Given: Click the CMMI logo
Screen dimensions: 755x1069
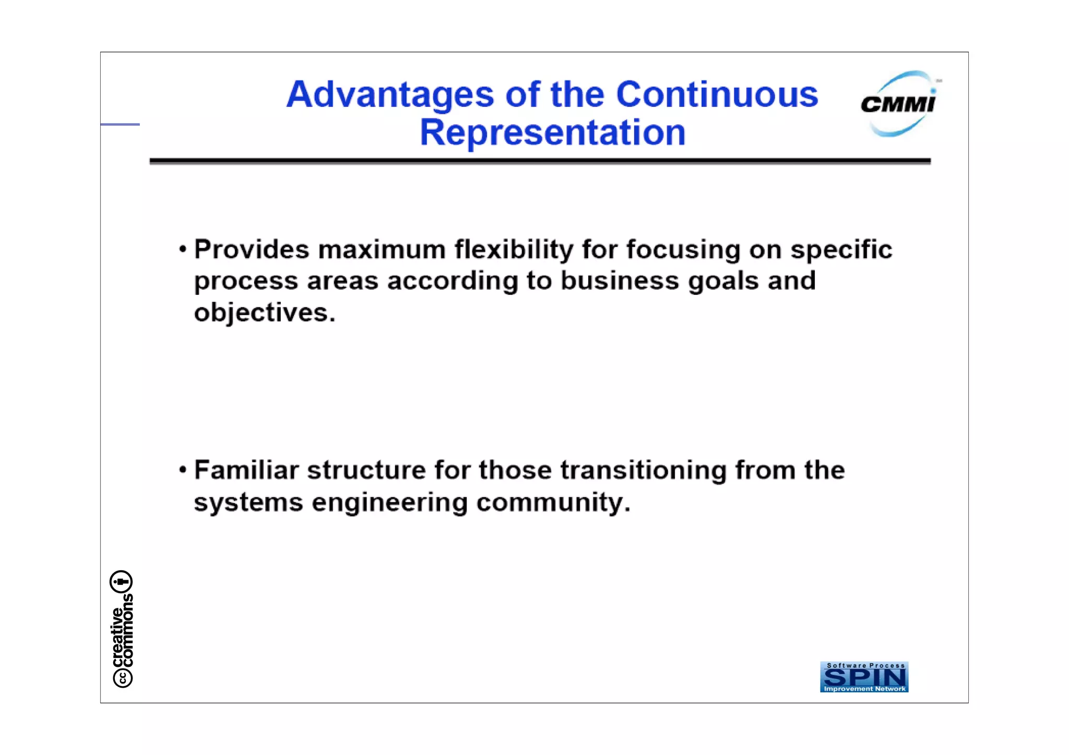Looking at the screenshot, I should tap(899, 104).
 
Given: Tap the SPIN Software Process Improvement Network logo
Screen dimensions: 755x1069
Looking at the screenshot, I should tap(864, 677).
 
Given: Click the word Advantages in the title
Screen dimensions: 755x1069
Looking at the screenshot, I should tap(390, 94).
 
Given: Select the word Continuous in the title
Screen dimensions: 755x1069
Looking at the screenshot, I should tap(717, 94).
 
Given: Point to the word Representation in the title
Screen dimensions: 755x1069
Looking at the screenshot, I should tap(552, 133).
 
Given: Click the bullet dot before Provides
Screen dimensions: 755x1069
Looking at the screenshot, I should tap(182, 249).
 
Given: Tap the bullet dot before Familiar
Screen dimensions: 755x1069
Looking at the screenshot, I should tap(182, 470).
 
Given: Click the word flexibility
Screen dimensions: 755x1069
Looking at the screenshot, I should tap(514, 249).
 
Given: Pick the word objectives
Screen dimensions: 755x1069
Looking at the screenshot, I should tap(264, 313).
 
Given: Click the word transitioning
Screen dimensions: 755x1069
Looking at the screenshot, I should tap(643, 471).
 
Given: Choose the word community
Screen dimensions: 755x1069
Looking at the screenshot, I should tap(553, 502).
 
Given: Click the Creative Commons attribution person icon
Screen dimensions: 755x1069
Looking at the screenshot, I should tap(121, 581).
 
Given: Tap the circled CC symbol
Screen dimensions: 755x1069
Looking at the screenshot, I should tap(123, 678).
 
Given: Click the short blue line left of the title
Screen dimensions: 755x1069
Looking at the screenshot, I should tap(120, 124).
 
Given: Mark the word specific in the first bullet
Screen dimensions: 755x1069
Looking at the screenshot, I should tap(841, 249).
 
